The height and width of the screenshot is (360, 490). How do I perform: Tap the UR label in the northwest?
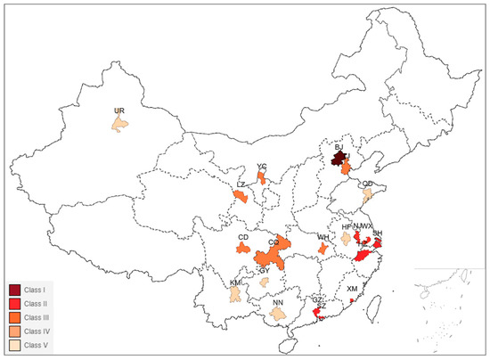[118, 110]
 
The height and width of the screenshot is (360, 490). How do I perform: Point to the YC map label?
[261, 167]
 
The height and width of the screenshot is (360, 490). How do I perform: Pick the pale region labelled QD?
[367, 195]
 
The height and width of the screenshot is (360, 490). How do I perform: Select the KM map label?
[235, 282]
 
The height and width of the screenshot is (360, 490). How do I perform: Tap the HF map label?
[347, 227]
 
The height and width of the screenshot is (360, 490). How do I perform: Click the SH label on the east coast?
[378, 233]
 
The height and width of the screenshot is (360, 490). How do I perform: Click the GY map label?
[264, 271]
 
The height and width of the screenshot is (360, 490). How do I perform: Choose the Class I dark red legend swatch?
[15, 290]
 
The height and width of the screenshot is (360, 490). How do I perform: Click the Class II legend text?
[38, 304]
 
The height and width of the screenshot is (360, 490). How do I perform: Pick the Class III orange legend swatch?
[15, 317]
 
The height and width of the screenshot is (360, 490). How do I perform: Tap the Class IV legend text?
[38, 331]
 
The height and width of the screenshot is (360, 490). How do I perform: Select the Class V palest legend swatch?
[15, 344]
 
